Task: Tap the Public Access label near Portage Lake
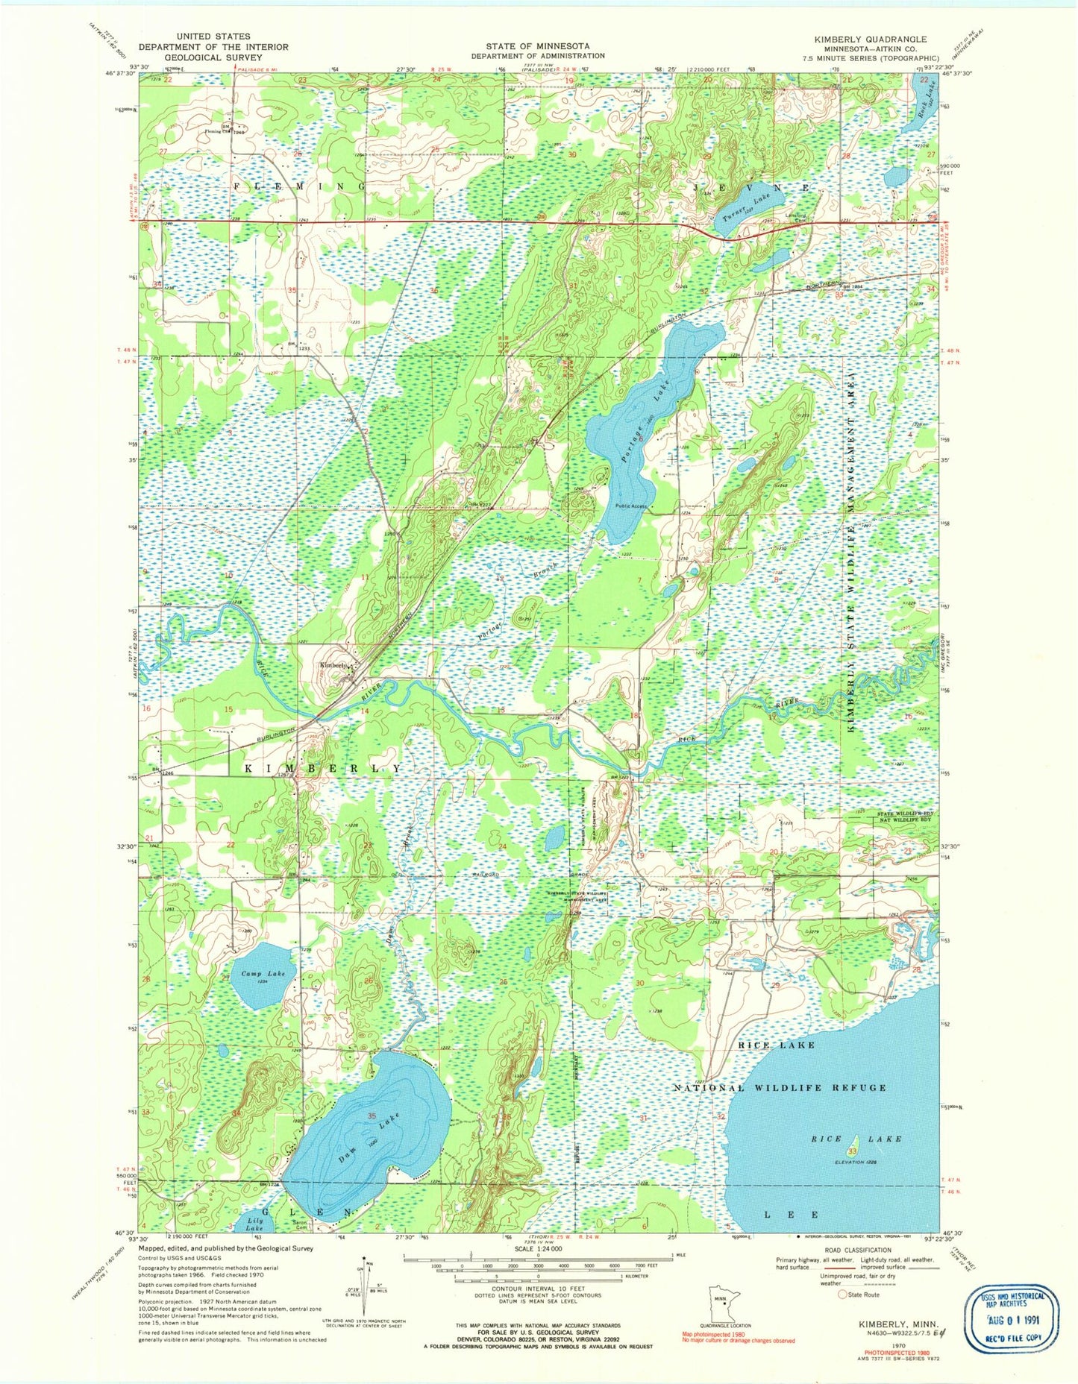tap(631, 506)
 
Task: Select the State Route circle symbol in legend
tap(843, 1295)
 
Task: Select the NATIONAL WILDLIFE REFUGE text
tap(780, 1088)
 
